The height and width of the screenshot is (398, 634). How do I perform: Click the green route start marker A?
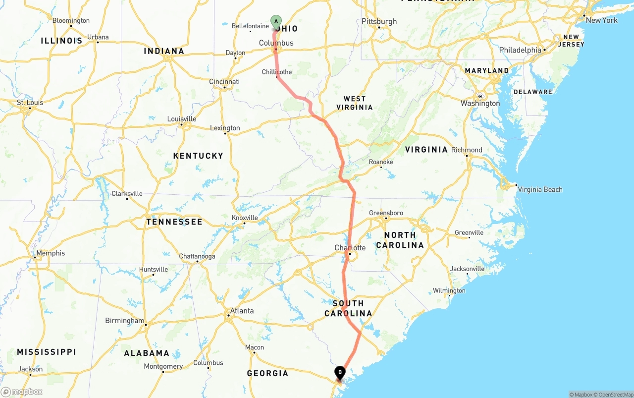(276, 21)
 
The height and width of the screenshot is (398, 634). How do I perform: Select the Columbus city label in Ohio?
(276, 43)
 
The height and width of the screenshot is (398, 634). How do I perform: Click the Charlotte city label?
(350, 248)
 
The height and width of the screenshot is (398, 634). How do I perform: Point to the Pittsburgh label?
(379, 21)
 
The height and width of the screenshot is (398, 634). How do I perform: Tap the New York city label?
(601, 20)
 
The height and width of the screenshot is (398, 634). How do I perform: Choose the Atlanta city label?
(242, 311)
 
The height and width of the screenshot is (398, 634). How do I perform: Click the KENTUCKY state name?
(198, 156)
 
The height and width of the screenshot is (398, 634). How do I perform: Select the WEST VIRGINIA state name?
(355, 103)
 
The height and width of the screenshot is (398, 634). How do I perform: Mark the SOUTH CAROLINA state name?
(348, 308)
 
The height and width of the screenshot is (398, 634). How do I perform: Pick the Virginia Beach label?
(539, 189)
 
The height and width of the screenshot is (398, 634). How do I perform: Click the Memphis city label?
(51, 253)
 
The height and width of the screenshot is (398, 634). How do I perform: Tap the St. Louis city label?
(30, 103)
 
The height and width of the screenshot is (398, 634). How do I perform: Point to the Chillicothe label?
(277, 72)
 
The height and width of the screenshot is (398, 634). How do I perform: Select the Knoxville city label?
(245, 218)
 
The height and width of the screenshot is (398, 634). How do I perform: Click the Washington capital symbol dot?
(480, 96)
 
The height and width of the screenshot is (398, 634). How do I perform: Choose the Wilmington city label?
(449, 290)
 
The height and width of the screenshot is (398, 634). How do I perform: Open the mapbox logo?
(22, 392)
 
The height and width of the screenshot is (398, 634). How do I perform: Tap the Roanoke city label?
(381, 162)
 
